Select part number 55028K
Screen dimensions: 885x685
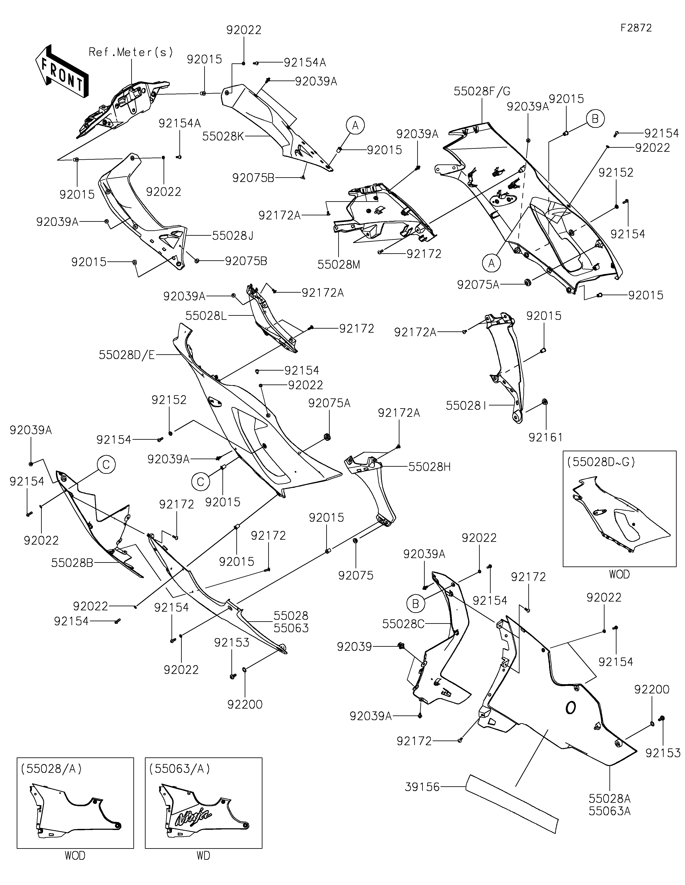223,137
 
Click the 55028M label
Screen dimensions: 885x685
339,265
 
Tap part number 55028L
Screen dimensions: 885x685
206,316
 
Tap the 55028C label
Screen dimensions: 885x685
403,624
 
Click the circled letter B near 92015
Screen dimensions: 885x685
595,119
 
